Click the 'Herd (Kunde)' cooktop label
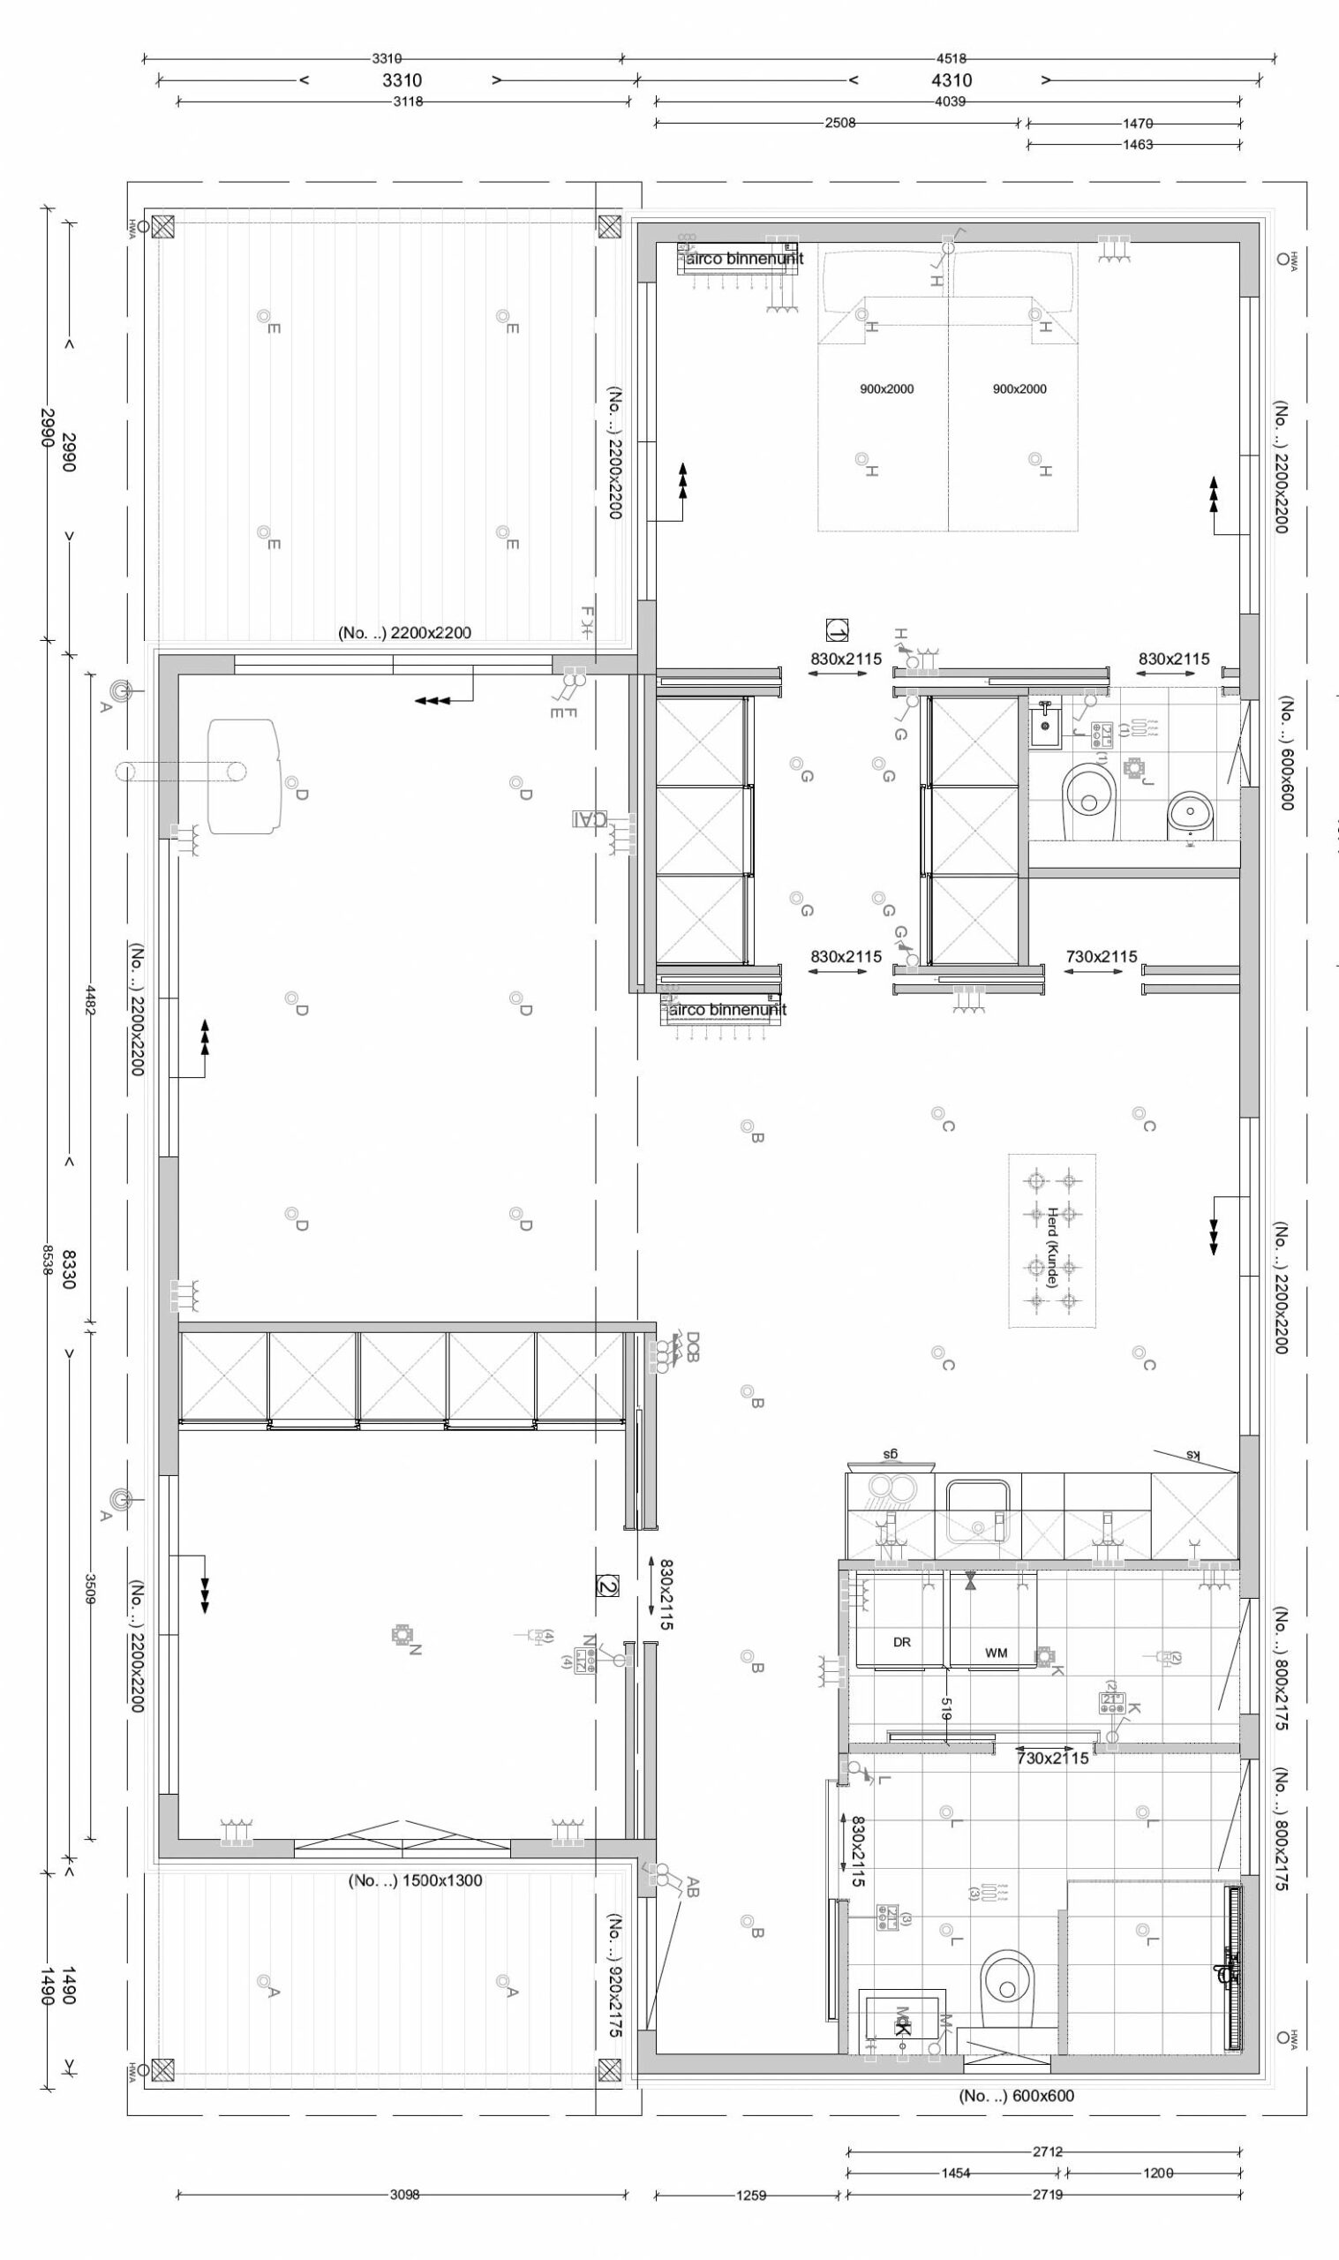pyautogui.click(x=1052, y=1247)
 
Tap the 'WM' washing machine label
pyautogui.click(x=996, y=1653)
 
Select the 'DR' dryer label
pyautogui.click(x=901, y=1642)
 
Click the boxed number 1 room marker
pyautogui.click(x=837, y=629)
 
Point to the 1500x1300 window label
pyautogui.click(x=415, y=1881)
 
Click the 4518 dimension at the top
pyautogui.click(x=950, y=59)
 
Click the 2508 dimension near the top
pyautogui.click(x=839, y=123)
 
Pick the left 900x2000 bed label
pyautogui.click(x=886, y=388)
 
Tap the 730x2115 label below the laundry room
pyautogui.click(x=1052, y=1758)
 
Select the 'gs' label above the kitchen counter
pyautogui.click(x=890, y=1453)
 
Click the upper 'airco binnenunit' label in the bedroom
pyautogui.click(x=744, y=259)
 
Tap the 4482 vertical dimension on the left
pyautogui.click(x=90, y=998)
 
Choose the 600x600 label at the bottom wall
pyautogui.click(x=1016, y=2095)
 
